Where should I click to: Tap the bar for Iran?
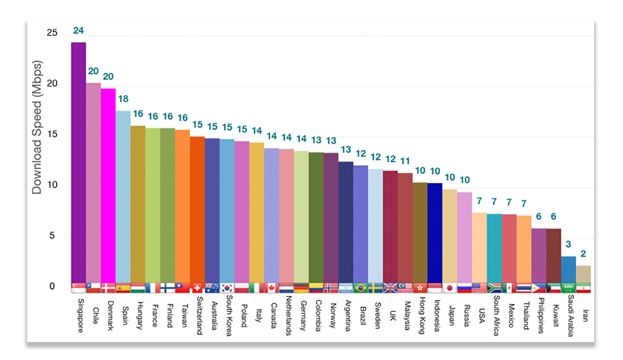coord(583,274)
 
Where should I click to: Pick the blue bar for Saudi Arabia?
coord(568,270)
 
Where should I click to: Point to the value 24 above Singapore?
coord(79,31)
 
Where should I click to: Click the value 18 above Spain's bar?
coord(123,101)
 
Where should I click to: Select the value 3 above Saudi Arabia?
coord(568,245)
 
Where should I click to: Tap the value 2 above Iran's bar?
coord(583,255)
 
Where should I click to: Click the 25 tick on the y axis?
coord(51,34)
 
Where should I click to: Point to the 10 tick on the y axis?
coord(51,185)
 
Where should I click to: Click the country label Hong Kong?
coord(421,316)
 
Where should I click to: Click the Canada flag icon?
coord(272,288)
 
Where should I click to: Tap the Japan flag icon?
coord(450,288)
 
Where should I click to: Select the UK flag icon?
coord(391,288)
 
